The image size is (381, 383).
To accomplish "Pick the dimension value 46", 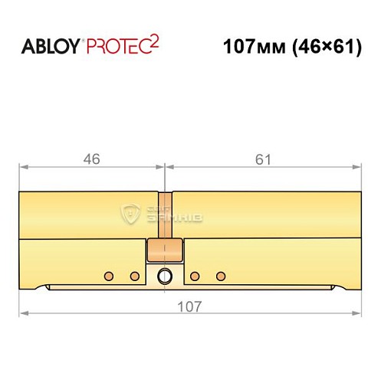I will tap(91, 159).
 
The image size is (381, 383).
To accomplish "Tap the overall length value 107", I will tap(189, 306).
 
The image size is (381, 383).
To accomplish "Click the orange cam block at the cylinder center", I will tap(165, 250).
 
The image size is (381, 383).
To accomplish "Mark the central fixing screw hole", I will tap(164, 277).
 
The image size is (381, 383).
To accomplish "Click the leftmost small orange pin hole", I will tap(109, 276).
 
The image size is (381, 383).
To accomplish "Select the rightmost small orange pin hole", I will tap(221, 276).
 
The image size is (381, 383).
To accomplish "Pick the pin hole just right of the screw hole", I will tap(195, 276).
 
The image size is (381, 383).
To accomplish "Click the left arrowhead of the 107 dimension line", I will tap(24, 314).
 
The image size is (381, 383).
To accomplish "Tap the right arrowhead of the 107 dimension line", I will tap(356, 314).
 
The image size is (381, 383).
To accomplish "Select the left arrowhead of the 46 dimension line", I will tap(24, 166).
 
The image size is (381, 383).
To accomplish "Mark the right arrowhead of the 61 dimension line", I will tap(356, 166).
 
